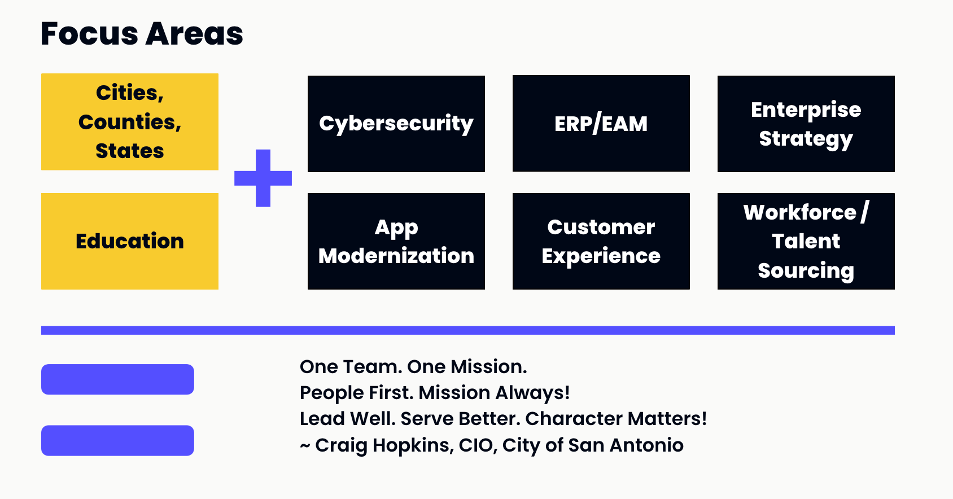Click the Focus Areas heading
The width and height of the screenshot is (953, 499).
coord(142,34)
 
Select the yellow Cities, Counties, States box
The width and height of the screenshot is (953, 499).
coord(130,122)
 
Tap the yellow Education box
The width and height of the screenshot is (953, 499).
coord(130,242)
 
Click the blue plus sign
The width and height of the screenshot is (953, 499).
coord(263,178)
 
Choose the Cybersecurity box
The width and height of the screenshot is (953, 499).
coord(396,124)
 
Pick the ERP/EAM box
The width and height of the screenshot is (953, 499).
coord(601,124)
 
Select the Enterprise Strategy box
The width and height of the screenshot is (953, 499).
coord(806,124)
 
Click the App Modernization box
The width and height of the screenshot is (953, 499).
coord(396,242)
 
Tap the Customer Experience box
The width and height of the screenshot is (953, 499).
coord(601,242)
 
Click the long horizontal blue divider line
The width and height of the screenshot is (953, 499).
coord(468,330)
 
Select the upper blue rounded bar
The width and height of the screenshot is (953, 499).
coord(117,379)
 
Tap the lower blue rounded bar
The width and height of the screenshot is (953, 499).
coord(117,440)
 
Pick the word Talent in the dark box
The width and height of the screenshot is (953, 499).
coord(806,242)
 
